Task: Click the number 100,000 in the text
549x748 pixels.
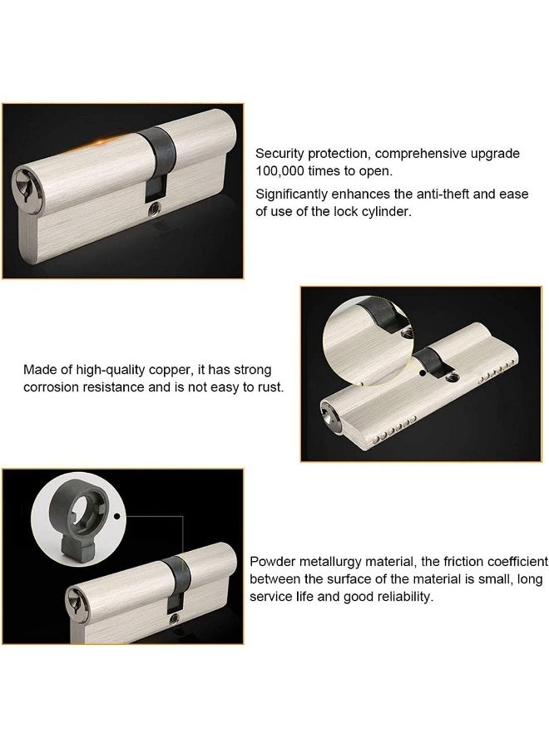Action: [284, 170]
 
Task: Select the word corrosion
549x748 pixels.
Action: [52, 387]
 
